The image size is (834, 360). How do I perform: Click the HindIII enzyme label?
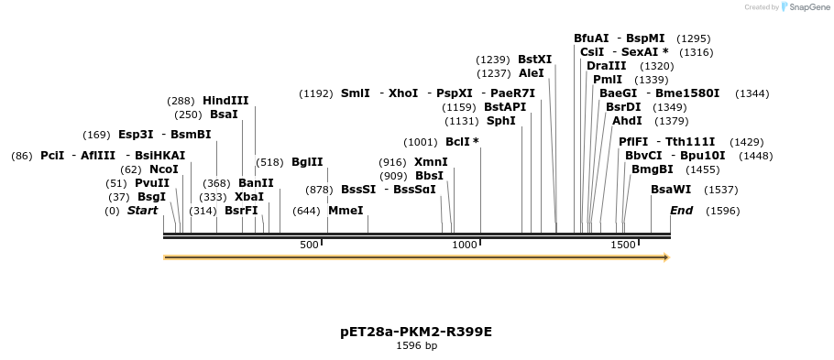point(225,101)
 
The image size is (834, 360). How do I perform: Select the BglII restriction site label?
point(307,162)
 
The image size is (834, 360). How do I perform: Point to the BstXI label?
point(534,60)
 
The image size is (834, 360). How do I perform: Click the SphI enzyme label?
point(500,121)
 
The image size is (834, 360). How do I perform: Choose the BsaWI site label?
point(671,190)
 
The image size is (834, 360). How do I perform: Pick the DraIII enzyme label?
point(607,66)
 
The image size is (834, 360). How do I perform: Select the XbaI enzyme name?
point(249,197)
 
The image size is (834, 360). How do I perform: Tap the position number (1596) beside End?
point(722,211)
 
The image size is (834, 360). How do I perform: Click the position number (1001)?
point(421,142)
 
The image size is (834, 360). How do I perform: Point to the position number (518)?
point(269,162)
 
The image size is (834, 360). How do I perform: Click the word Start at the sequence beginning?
point(142,211)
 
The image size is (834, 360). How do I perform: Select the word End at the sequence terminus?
point(681,211)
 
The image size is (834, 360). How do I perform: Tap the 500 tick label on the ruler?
point(309,245)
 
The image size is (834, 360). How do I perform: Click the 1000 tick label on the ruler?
point(466,245)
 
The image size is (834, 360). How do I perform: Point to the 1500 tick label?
point(622,245)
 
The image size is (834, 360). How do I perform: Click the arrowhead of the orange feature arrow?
point(665,257)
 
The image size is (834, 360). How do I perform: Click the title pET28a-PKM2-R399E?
point(416,332)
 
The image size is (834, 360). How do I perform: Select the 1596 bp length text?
point(416,346)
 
